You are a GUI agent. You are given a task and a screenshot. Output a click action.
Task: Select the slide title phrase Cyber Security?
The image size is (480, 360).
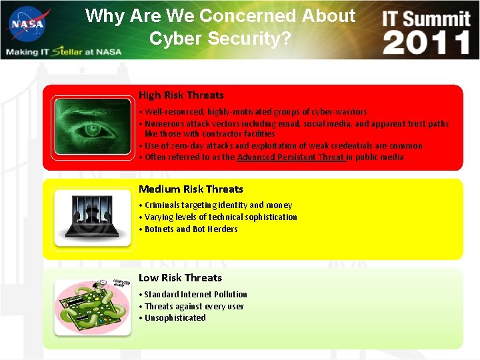pos(220,39)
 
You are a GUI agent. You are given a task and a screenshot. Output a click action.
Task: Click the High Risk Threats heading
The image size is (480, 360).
pos(181,95)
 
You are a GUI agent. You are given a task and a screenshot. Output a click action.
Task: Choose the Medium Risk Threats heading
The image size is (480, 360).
pos(191,189)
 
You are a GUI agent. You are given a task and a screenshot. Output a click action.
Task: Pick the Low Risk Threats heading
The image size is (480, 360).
pos(180,278)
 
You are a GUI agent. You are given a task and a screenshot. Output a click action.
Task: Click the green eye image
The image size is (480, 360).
pos(93,126)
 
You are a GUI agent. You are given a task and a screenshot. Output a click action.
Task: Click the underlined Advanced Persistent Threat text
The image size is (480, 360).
pos(291,157)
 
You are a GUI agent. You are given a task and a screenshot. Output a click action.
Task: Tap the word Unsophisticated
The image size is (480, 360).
pos(175,318)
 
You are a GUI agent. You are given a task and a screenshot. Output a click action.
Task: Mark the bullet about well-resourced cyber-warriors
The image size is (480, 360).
pos(255,112)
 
